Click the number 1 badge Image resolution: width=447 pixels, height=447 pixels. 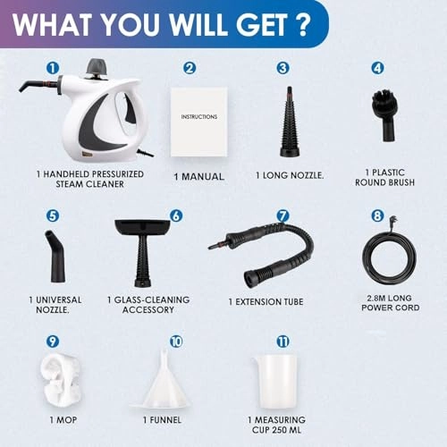(53, 66)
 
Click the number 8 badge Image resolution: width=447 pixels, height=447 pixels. (376, 215)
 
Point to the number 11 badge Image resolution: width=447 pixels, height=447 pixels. (283, 342)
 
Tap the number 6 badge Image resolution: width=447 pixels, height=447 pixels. (176, 215)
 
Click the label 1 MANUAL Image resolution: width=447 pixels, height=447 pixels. (198, 176)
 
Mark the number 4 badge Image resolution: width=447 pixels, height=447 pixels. (376, 67)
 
